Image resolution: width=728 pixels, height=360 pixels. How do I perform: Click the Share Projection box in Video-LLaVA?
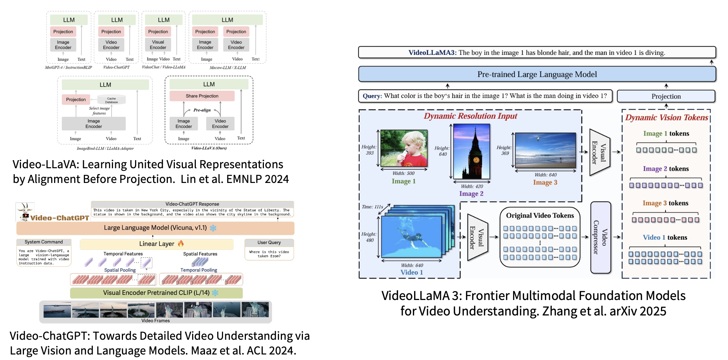coord(202,96)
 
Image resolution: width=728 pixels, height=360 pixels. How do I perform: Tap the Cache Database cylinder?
coord(112,100)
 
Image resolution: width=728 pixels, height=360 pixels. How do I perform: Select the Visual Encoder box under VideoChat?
coord(158,45)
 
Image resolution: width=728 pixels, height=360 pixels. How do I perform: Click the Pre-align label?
coord(202,110)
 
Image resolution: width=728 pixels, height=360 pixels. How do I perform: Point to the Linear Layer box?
coord(156,244)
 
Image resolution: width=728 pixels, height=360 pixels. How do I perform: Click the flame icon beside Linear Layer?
coord(181,243)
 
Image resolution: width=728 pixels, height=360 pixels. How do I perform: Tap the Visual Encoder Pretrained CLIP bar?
coord(156,293)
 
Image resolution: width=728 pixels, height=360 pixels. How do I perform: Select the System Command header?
coord(43,242)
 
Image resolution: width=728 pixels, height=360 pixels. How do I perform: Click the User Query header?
coord(269,243)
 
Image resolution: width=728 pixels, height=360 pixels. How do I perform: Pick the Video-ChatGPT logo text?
coord(59,218)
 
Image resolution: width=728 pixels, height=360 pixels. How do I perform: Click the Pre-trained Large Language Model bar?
coord(537,74)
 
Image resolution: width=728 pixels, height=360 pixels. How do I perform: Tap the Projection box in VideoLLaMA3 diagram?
coord(666,96)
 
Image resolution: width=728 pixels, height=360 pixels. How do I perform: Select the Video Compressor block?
coord(600,237)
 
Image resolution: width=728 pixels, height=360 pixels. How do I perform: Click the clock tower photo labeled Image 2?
coord(471,152)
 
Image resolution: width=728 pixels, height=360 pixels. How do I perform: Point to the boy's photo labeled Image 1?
coord(404,148)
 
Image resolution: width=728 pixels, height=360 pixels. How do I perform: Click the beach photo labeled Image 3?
coord(545,150)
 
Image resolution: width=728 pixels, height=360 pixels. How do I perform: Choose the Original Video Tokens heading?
coord(540,215)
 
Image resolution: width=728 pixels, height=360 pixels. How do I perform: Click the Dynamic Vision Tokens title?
coord(667,117)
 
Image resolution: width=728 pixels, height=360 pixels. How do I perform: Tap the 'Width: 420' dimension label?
coord(472,187)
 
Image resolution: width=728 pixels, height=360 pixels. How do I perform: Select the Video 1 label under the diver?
coord(411,272)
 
